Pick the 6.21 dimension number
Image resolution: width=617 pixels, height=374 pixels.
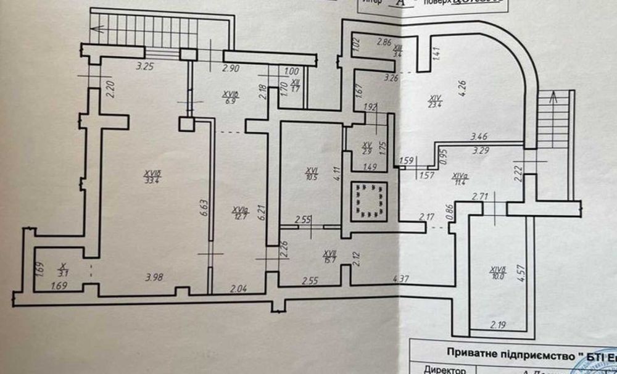(x=262, y=214)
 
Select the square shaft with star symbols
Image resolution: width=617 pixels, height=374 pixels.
(x=368, y=200)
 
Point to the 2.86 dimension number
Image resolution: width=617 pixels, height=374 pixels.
(x=384, y=42)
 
